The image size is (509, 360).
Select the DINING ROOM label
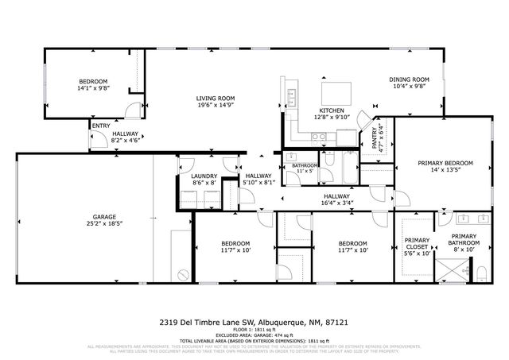[x=409, y=79]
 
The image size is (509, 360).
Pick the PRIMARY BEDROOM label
[x=445, y=163]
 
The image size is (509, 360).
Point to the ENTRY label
[x=101, y=126]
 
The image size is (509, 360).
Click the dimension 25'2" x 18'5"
[x=104, y=224]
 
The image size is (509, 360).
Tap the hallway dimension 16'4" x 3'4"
[x=336, y=203]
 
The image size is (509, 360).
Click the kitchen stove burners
[x=320, y=137]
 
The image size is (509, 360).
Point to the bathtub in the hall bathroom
[x=348, y=167]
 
